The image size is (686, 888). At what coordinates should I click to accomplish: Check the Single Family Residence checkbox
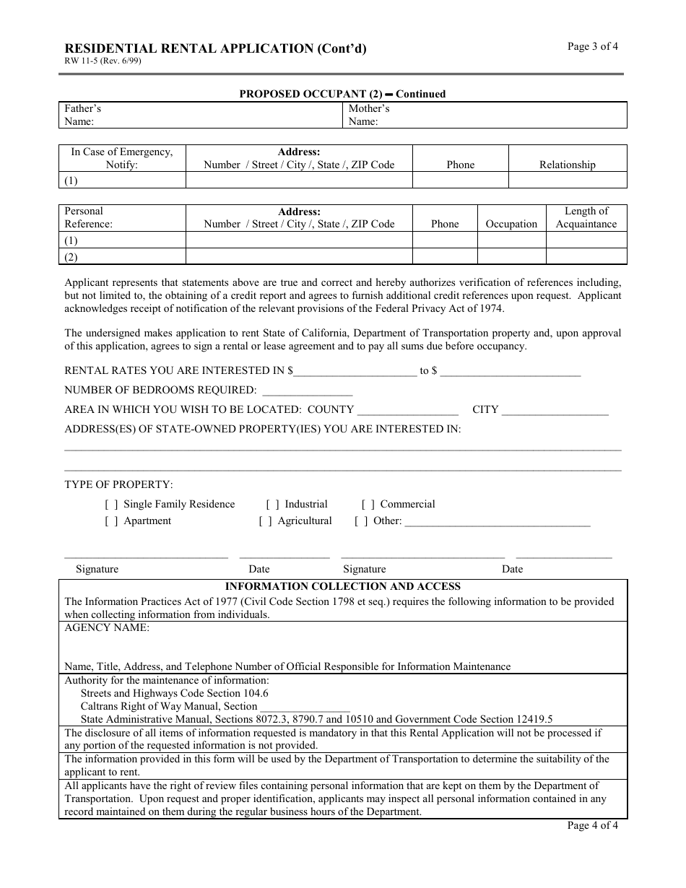pyautogui.click(x=112, y=505)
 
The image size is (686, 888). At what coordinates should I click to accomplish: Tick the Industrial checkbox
pyautogui.click(x=273, y=505)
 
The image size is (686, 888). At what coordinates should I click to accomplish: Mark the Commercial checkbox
pyautogui.click(x=368, y=505)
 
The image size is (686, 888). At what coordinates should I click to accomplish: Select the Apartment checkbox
pyautogui.click(x=112, y=521)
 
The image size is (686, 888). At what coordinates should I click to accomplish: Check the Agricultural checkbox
pyautogui.click(x=266, y=521)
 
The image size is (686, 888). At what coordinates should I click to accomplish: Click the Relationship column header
pyautogui.click(x=568, y=165)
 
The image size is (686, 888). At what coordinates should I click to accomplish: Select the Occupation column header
pyautogui.click(x=511, y=224)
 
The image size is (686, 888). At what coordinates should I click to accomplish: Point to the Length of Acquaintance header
pyautogui.click(x=586, y=217)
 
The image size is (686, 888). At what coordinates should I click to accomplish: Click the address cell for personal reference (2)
pyautogui.click(x=299, y=256)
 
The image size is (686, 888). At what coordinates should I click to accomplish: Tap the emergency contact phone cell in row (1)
pyautogui.click(x=460, y=180)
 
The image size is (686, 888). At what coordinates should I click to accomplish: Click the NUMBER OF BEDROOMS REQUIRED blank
pyautogui.click(x=307, y=391)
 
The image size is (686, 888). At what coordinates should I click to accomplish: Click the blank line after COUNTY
pyautogui.click(x=408, y=410)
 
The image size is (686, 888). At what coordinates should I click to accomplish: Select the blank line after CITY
pyautogui.click(x=555, y=410)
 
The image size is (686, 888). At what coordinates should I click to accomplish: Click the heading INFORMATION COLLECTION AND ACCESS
pyautogui.click(x=343, y=587)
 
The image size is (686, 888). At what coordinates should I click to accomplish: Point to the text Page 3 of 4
pyautogui.click(x=592, y=47)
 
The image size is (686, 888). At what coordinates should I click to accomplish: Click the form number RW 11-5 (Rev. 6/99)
pyautogui.click(x=103, y=61)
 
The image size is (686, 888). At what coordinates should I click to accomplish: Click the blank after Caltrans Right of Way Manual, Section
pyautogui.click(x=305, y=707)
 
